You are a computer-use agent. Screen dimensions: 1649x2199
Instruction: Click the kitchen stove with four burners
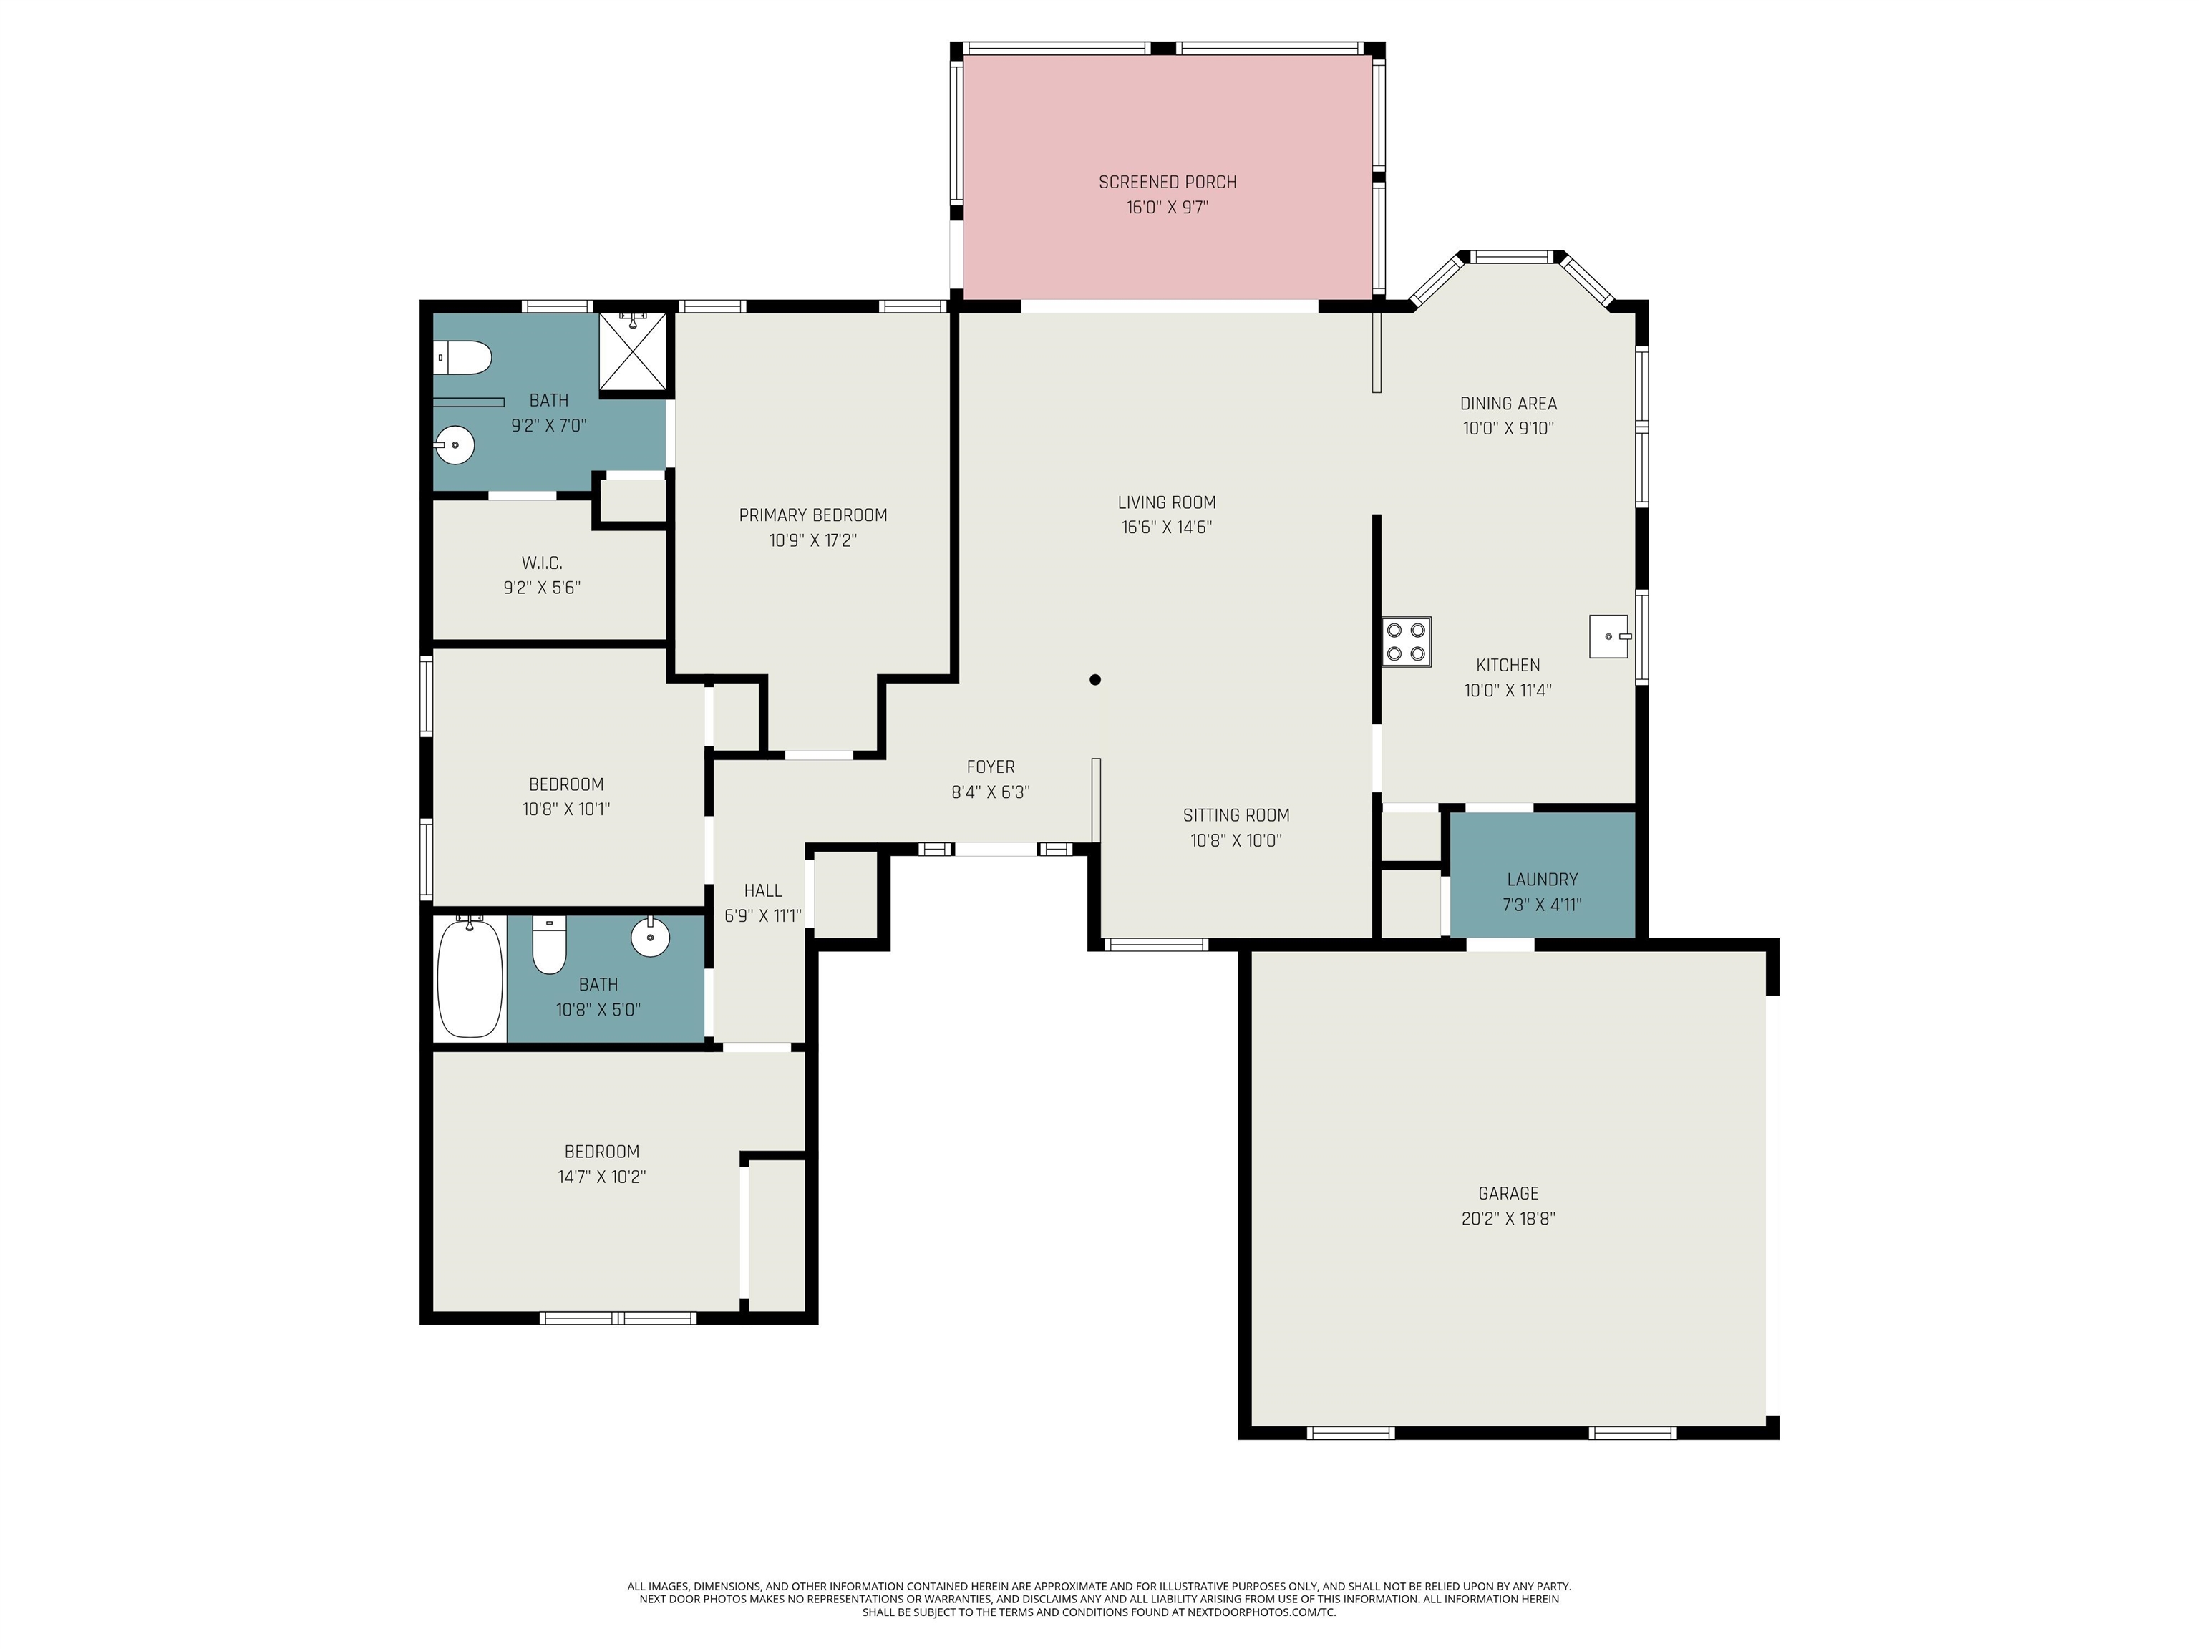(1406, 641)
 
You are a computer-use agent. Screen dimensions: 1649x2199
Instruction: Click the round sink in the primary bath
(455, 444)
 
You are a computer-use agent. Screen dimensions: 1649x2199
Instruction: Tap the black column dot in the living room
(1094, 680)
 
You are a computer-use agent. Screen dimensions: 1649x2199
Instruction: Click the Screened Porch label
(1167, 182)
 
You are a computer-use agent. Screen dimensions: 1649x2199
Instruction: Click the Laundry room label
(1541, 880)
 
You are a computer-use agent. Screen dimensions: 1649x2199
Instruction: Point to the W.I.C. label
(542, 563)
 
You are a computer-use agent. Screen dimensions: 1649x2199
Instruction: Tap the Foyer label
(990, 767)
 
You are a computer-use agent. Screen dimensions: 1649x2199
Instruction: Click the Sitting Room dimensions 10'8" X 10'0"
(1236, 841)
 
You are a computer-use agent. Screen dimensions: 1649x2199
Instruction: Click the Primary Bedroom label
(812, 515)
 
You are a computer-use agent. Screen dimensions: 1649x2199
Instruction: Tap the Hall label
(762, 890)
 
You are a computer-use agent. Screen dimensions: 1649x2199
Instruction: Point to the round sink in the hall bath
(650, 936)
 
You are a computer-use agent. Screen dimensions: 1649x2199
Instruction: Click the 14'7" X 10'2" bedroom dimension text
(601, 1177)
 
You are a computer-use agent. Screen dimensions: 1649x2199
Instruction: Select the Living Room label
(1166, 502)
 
